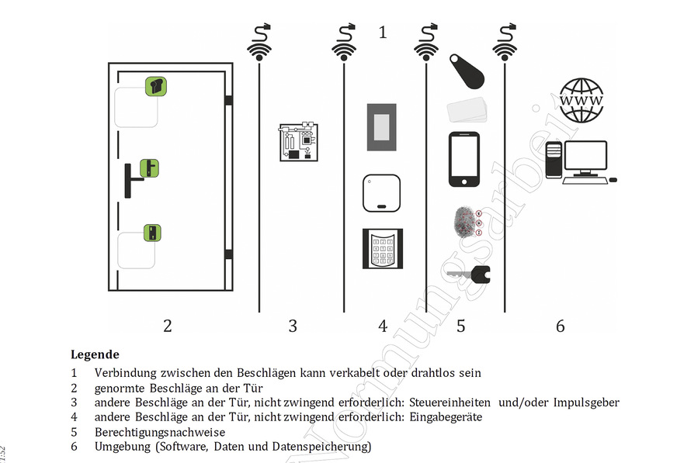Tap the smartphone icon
pos(464,160)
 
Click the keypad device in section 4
pos(382,249)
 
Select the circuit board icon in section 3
pos(299,142)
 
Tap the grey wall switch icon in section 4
pos(381,126)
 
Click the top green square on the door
pos(156,86)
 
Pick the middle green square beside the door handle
pos(149,168)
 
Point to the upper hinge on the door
pos(228,100)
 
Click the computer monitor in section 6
pos(585,156)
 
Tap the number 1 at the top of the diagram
pos(382,33)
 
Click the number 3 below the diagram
pos(292,327)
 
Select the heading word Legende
pos(95,354)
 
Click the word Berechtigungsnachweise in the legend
pos(159,432)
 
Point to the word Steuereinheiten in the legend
pos(450,403)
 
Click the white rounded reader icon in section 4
pos(381,192)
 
